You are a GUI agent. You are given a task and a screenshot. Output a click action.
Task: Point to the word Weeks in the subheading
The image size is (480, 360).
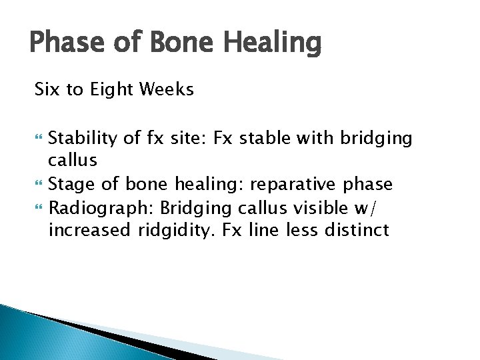pos(167,89)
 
